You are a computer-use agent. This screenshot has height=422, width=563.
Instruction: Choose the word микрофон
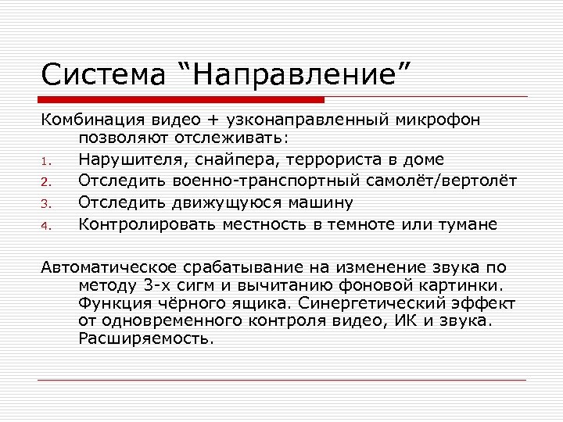click(439, 120)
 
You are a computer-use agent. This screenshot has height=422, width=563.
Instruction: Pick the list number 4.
click(46, 227)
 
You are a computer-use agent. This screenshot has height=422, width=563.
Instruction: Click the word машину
click(323, 202)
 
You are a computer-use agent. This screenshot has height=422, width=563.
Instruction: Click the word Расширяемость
click(145, 339)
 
